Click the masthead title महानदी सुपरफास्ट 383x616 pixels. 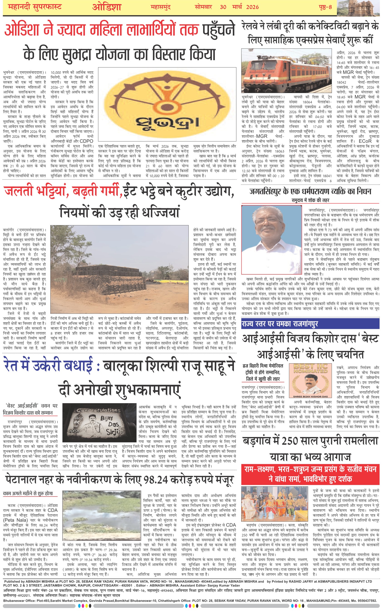(35, 7)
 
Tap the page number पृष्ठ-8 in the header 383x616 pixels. (325, 7)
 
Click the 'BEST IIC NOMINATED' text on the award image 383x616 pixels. (310, 368)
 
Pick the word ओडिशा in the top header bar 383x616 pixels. (107, 7)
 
